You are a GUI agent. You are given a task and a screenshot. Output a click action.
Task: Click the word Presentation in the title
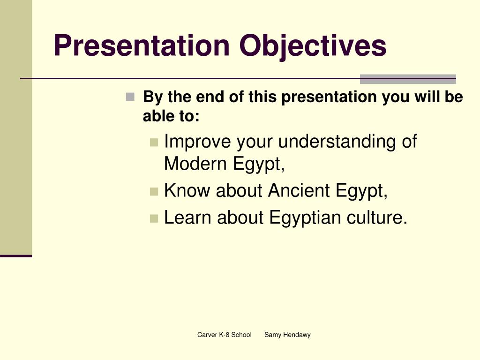pyautogui.click(x=142, y=45)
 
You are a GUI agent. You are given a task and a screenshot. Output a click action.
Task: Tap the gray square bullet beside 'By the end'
pyautogui.click(x=130, y=97)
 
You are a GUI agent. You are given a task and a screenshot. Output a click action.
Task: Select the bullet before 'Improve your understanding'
pyautogui.click(x=154, y=142)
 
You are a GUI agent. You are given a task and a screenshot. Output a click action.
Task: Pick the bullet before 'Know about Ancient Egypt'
pyautogui.click(x=154, y=192)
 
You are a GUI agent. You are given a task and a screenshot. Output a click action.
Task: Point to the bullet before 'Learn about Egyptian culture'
pyautogui.click(x=154, y=218)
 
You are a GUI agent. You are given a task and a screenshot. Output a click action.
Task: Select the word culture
pyautogui.click(x=377, y=217)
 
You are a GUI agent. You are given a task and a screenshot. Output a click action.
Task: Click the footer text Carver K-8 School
pyautogui.click(x=225, y=335)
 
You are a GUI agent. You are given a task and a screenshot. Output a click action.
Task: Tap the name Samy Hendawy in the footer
pyautogui.click(x=287, y=335)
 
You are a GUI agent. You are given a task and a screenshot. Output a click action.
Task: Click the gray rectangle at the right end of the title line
pyautogui.click(x=408, y=79)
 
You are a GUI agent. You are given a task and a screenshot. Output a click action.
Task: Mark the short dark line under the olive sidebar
pyautogui.click(x=16, y=256)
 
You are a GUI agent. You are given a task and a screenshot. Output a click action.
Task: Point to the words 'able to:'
pyautogui.click(x=171, y=116)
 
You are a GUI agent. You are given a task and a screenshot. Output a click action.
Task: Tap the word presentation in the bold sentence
pyautogui.click(x=329, y=97)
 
